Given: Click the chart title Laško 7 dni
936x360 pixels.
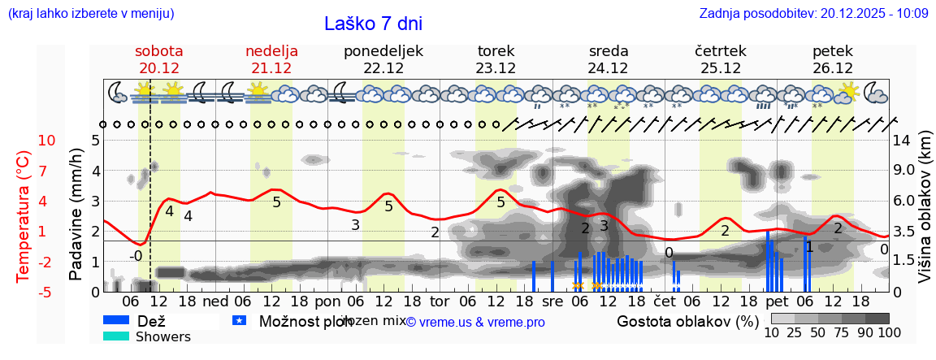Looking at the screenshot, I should tap(373, 24).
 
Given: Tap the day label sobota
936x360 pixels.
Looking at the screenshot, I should tap(158, 51).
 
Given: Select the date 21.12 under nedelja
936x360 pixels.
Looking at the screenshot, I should tap(271, 68).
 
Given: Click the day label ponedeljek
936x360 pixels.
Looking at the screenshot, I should tap(383, 51).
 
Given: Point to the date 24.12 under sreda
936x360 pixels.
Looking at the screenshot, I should tap(608, 68).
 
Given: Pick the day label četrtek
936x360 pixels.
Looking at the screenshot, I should tap(720, 51).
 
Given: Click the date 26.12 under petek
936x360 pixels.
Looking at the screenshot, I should tap(833, 68).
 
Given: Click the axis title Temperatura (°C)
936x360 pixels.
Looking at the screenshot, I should tap(23, 215).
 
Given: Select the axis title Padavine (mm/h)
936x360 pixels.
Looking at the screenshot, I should tap(76, 215).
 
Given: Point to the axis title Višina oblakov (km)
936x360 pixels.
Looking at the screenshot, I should tap(924, 215).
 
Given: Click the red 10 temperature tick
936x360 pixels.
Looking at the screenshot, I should tap(47, 140).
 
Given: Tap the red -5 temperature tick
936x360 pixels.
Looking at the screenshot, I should tap(47, 292).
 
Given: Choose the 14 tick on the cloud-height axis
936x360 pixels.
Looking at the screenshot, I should tap(903, 140).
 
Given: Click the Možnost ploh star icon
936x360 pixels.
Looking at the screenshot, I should tap(239, 321).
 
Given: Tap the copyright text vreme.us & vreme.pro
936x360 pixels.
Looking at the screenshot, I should tap(475, 322).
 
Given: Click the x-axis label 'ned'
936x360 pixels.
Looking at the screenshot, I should tap(214, 301).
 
